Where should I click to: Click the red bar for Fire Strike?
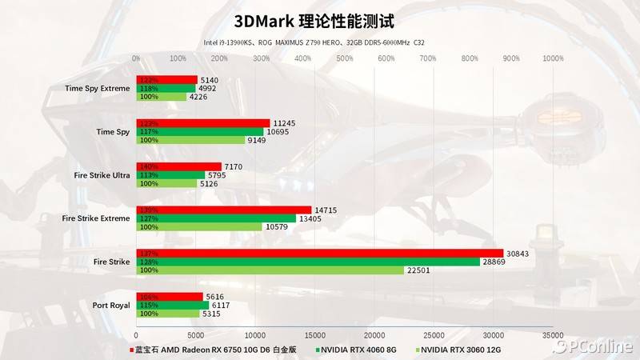pos(320,253)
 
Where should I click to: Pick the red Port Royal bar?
pos(170,296)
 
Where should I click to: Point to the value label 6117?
pos(223,305)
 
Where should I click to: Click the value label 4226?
pos(198,97)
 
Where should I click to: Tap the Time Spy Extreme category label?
pos(98,88)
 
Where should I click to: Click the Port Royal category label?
pos(111,305)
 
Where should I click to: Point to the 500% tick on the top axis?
pos(344,58)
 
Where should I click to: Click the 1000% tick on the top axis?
pos(552,58)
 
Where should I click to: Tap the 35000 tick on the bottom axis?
pos(552,335)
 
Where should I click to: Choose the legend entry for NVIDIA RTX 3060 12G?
pos(463,349)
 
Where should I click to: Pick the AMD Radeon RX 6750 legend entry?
pos(216,349)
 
